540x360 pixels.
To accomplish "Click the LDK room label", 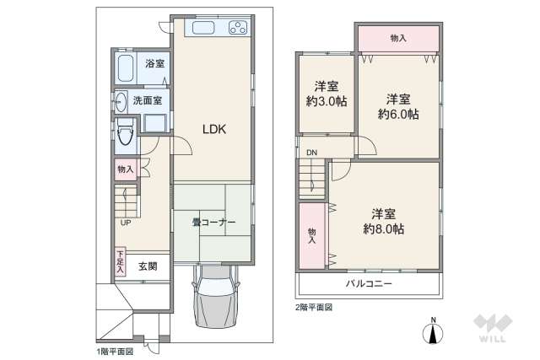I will click(213, 129).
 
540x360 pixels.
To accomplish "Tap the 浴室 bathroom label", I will click(154, 64).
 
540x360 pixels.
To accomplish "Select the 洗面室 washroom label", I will click(148, 100).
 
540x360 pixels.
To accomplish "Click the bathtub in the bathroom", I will click(127, 67).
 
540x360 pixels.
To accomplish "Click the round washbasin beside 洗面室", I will click(120, 99).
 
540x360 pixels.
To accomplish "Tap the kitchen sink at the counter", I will click(205, 28).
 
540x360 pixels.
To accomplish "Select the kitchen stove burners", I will click(237, 27).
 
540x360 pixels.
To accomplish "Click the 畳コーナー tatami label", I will click(213, 223).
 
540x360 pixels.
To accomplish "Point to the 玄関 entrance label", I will click(148, 266).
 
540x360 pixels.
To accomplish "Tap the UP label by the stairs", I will click(125, 223).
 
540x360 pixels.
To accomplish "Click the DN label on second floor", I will click(311, 153).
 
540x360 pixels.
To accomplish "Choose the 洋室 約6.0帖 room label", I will click(397, 106).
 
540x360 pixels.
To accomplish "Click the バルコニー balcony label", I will click(368, 284).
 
